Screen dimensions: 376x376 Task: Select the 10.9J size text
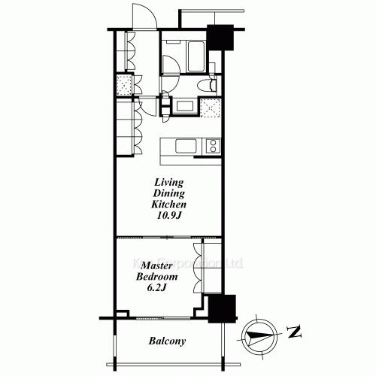[170, 216]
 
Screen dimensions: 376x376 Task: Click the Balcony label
[168, 342]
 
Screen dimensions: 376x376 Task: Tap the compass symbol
[257, 332]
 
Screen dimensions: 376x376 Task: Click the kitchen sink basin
[185, 145]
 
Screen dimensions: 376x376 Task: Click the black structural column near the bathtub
[220, 38]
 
